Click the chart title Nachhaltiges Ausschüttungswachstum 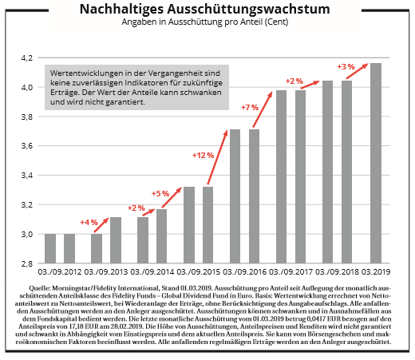click(x=204, y=10)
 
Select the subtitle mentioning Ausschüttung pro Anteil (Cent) click(x=204, y=22)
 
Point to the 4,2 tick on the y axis click(x=27, y=57)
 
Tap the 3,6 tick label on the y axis click(x=27, y=146)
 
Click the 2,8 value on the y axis click(x=27, y=263)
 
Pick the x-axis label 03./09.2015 click(x=199, y=272)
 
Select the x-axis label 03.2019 click(x=375, y=272)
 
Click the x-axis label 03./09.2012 click(x=60, y=272)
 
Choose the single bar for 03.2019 click(x=376, y=163)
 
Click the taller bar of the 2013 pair click(x=116, y=240)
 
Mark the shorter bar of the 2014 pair click(x=143, y=240)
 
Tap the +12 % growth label click(x=204, y=156)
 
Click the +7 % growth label click(x=250, y=108)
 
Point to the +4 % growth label click(x=89, y=222)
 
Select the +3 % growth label click(x=346, y=67)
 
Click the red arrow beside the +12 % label click(x=218, y=157)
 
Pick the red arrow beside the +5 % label click(x=172, y=197)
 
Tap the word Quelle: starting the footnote click(x=40, y=288)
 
